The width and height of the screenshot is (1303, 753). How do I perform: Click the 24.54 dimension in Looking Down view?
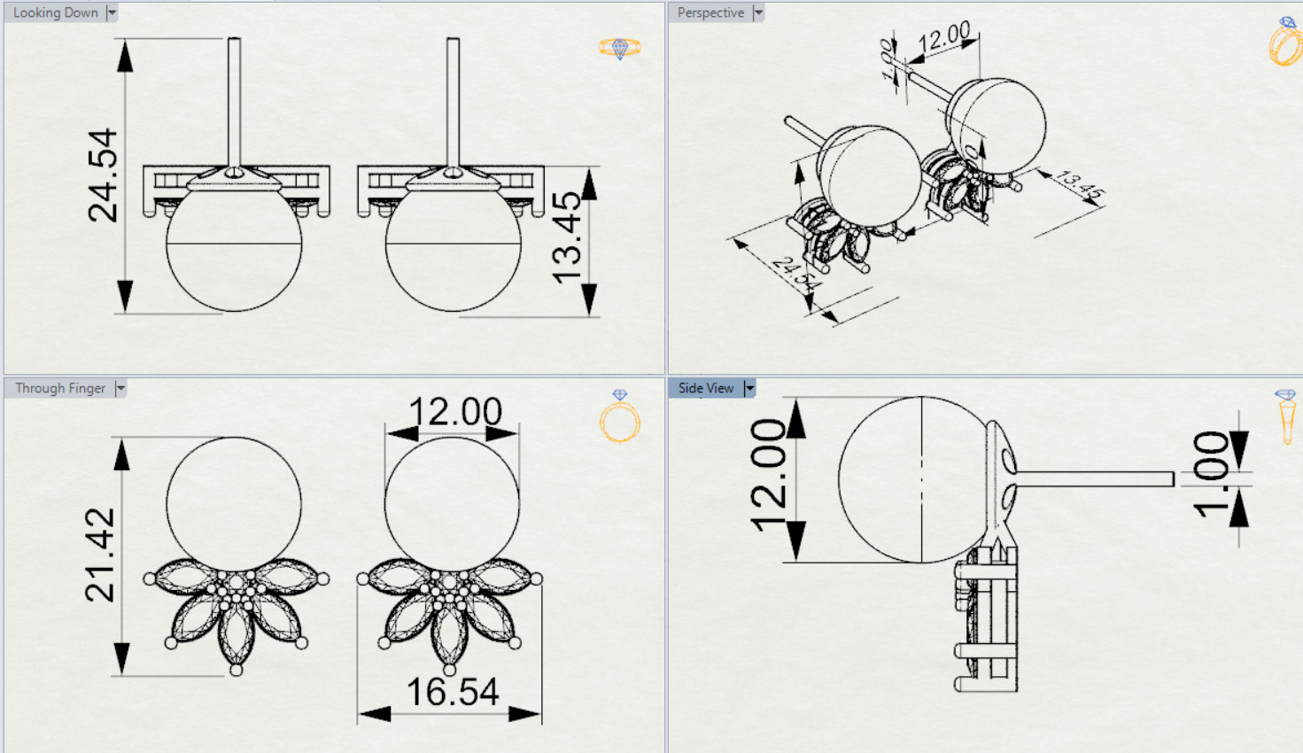click(103, 175)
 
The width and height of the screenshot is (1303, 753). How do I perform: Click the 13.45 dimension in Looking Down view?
click(567, 237)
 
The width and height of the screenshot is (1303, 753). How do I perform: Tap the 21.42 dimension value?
click(100, 555)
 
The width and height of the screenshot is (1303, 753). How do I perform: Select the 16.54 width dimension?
click(452, 692)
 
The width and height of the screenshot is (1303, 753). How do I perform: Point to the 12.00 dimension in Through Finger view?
click(454, 412)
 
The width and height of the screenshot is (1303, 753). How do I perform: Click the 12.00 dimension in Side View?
click(767, 475)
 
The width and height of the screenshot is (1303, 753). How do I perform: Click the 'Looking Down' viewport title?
click(55, 12)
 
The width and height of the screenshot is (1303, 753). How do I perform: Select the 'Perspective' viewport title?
click(710, 12)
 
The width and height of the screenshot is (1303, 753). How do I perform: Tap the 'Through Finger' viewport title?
click(59, 388)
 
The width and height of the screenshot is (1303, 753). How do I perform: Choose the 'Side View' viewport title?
click(706, 388)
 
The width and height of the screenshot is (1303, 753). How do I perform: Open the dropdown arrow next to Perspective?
click(758, 12)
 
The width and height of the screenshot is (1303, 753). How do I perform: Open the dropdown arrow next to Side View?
click(749, 388)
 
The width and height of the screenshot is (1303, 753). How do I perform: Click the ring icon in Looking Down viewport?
click(619, 48)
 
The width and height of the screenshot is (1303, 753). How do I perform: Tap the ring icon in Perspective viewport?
click(1284, 42)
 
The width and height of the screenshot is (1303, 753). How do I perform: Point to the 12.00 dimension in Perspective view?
click(944, 38)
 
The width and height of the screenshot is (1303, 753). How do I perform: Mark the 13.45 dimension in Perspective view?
click(1079, 184)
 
